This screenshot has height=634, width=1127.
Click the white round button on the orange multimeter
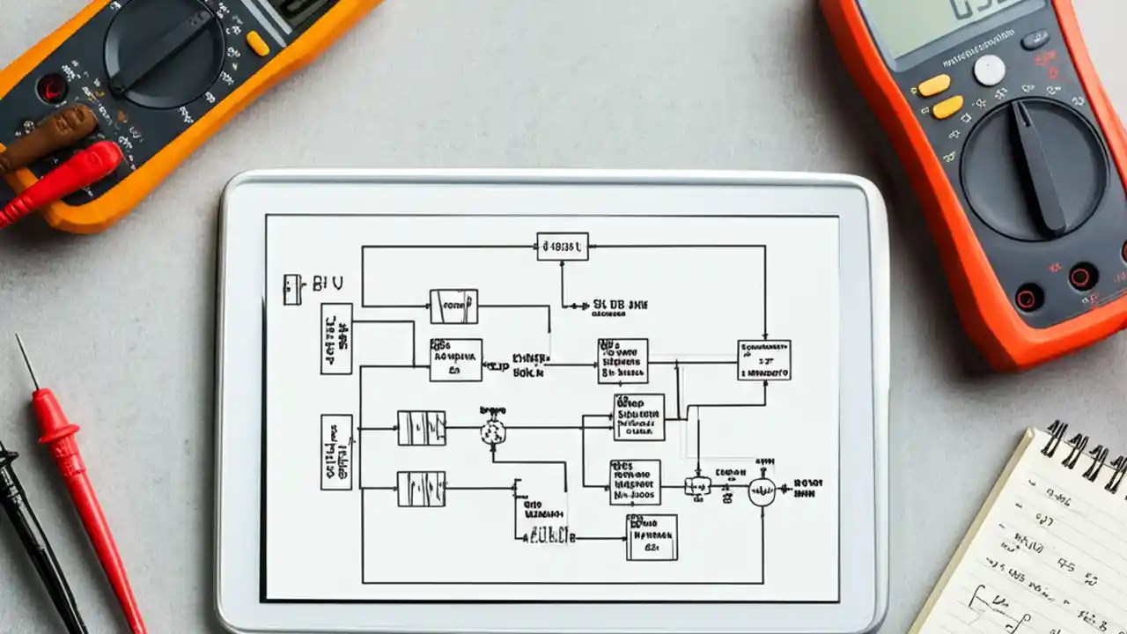point(989,70)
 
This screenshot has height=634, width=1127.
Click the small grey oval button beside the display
point(1035,40)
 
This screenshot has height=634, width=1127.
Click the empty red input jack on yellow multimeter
point(50,88)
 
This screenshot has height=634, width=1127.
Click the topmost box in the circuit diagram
point(562,247)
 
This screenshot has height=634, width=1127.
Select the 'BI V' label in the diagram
point(328,284)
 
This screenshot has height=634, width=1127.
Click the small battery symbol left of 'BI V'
point(291,289)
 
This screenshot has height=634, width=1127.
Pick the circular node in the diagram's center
point(493,431)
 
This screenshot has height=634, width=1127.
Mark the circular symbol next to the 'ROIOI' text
point(762,491)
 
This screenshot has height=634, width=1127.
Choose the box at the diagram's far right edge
point(763,360)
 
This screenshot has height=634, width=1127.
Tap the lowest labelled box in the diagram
point(652,537)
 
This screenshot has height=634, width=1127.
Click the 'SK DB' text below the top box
point(620,305)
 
